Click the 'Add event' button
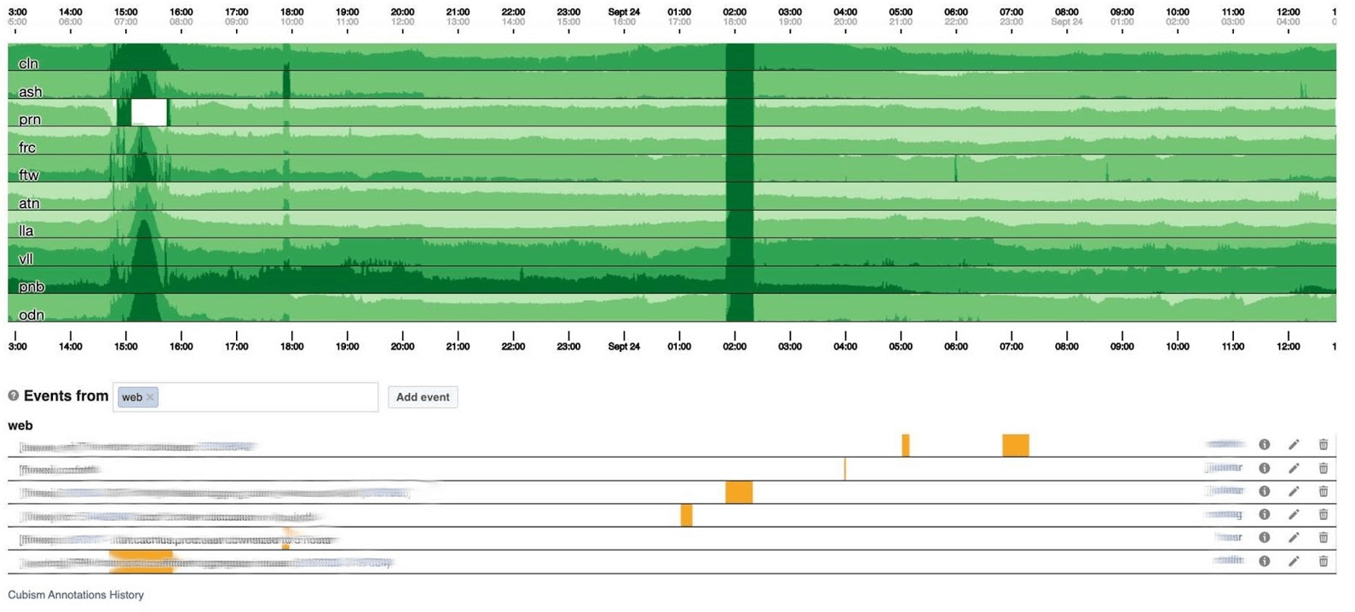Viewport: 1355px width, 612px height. click(423, 397)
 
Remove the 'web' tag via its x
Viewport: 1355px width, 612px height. click(150, 397)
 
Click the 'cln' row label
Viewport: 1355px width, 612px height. click(28, 64)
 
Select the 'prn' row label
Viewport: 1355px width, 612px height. click(30, 119)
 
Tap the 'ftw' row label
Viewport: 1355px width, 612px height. click(29, 175)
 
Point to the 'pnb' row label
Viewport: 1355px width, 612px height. click(32, 286)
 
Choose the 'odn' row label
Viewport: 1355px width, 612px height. click(32, 315)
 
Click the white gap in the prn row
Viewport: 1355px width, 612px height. click(149, 113)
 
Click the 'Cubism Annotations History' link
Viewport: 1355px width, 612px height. click(76, 595)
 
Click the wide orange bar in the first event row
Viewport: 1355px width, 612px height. click(1015, 445)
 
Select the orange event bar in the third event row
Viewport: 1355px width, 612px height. click(739, 492)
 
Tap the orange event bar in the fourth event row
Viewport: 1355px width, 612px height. click(686, 515)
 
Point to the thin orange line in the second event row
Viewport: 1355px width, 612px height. click(845, 469)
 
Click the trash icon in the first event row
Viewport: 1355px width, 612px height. click(1323, 444)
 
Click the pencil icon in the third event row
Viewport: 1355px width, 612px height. click(1294, 491)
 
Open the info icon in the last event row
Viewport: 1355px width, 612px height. click(1265, 561)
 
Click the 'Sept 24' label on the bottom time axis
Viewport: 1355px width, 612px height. click(624, 347)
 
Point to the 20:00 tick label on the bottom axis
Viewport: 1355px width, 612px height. click(402, 347)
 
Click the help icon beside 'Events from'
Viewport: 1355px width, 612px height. click(14, 395)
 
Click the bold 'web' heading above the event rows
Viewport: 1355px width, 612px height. click(20, 425)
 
